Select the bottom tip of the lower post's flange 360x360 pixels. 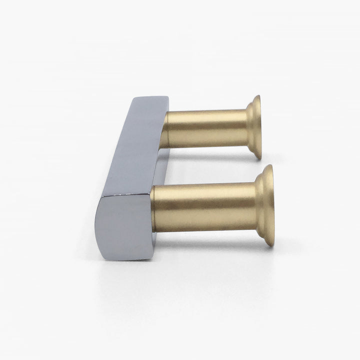[270, 245]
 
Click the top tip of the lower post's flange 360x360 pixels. [269, 166]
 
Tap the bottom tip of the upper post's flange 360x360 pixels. [258, 158]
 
